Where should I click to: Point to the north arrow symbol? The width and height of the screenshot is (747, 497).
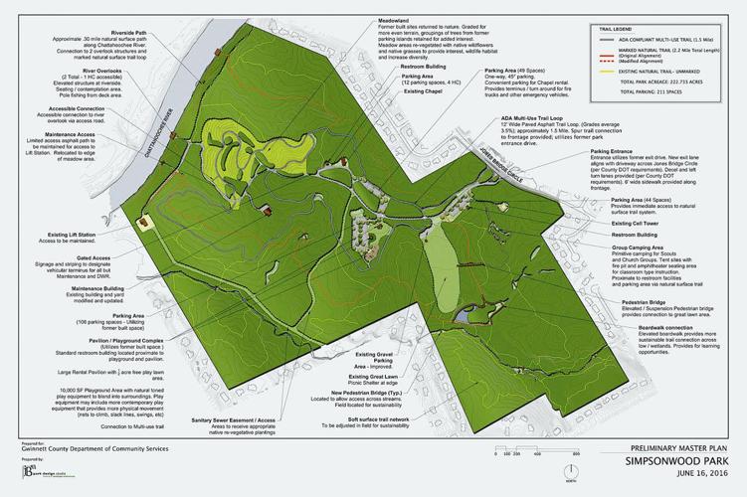(x=568, y=468)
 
